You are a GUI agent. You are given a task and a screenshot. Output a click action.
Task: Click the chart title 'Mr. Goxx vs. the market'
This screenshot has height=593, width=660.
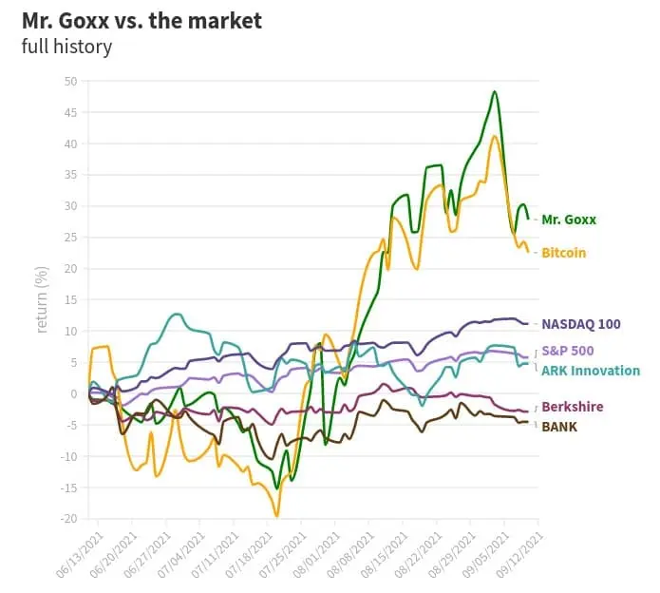coord(142,20)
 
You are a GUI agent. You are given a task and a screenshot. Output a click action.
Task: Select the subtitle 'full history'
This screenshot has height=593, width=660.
coord(66,46)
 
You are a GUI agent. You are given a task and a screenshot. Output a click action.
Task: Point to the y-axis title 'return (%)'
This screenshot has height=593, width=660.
coord(42,300)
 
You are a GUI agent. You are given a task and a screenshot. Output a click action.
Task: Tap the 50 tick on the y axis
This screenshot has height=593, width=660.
coord(71,81)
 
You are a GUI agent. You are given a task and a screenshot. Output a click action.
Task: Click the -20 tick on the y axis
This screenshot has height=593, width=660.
coord(69,519)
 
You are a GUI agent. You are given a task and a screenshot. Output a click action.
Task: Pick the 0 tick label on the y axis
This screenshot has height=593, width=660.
coord(74,393)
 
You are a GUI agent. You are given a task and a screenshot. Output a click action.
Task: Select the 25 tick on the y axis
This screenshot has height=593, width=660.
coord(71,238)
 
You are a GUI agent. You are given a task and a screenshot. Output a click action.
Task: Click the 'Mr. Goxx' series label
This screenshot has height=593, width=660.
coord(569,220)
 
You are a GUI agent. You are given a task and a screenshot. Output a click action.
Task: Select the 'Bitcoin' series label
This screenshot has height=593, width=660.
coord(564,253)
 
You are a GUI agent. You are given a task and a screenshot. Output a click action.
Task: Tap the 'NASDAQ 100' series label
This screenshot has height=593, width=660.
coord(581,324)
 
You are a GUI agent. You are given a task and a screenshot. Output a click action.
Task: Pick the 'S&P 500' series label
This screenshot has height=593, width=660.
coord(569,352)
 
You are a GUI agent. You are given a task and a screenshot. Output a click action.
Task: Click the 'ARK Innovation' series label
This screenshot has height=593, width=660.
coord(591,371)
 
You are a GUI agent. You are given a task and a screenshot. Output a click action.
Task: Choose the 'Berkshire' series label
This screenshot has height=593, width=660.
coord(572,407)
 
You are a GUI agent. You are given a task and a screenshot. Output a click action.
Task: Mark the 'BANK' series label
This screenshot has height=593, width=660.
coord(559,427)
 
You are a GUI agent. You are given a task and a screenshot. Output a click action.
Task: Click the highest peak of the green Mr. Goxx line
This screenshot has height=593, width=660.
coord(495,92)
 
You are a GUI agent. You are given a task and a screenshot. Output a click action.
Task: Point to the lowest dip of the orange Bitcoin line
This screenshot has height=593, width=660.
coord(276,516)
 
